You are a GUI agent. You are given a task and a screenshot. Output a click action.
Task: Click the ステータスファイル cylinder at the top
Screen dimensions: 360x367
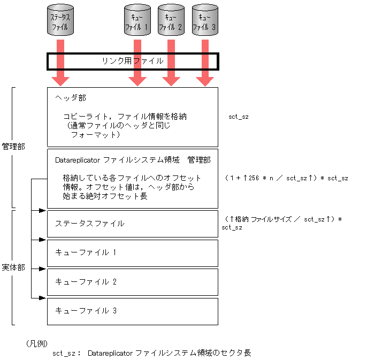click(x=60, y=21)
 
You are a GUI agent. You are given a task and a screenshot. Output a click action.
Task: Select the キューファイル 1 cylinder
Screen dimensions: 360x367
click(x=137, y=21)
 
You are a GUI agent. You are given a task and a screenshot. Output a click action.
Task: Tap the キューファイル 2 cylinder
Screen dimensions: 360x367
click(x=171, y=21)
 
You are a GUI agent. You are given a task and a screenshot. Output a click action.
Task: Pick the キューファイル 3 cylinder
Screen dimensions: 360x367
click(x=205, y=21)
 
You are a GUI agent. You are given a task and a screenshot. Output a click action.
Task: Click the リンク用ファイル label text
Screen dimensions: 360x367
click(x=133, y=61)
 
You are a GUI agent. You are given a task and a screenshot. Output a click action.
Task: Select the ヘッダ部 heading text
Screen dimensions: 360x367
click(x=71, y=98)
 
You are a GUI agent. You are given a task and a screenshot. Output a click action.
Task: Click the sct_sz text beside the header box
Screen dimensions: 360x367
click(x=238, y=116)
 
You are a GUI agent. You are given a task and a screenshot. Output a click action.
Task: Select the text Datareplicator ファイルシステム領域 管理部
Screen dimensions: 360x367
click(x=133, y=160)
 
